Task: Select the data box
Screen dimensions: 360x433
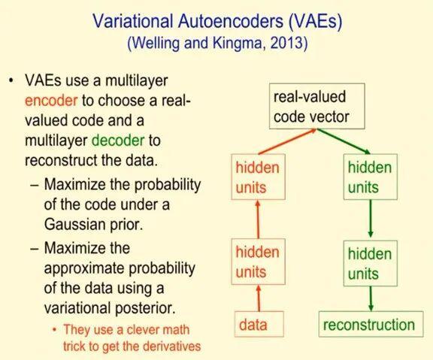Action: pyautogui.click(x=253, y=325)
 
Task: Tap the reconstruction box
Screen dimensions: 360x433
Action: pyautogui.click(x=368, y=325)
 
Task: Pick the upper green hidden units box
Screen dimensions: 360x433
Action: pyautogui.click(x=369, y=177)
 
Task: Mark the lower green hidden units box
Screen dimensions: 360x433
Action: pyautogui.click(x=369, y=262)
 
